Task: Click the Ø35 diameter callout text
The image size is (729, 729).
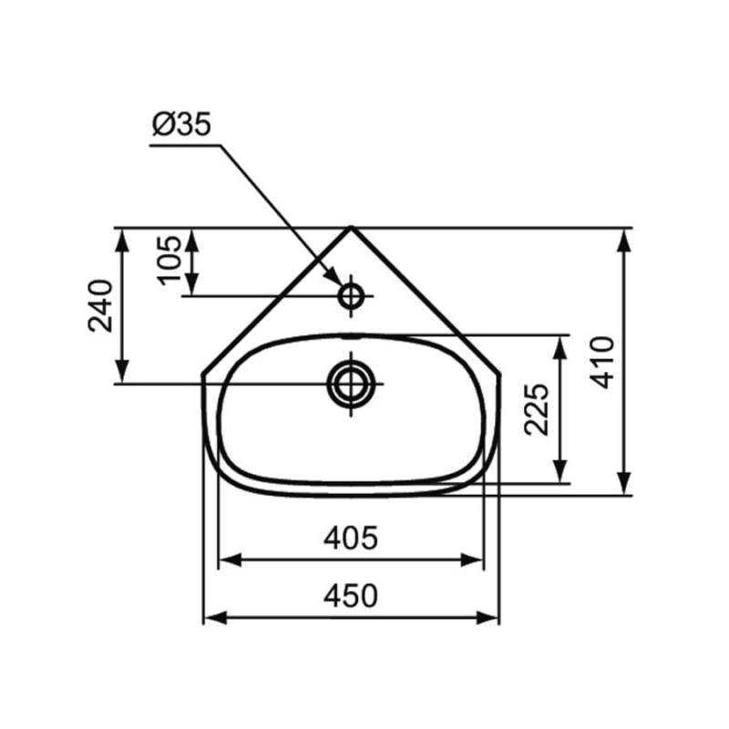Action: (181, 126)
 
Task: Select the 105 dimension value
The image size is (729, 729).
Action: (169, 259)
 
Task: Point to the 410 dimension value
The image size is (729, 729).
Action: (602, 361)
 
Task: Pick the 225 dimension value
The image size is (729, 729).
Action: (539, 408)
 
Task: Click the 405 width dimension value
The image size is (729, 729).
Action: (351, 539)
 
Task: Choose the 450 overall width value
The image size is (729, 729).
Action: (351, 596)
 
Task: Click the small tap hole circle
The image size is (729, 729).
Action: (351, 295)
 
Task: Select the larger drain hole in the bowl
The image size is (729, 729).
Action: (351, 383)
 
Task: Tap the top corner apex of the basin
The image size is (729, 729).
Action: (351, 227)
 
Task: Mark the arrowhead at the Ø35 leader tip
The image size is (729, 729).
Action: (336, 280)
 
